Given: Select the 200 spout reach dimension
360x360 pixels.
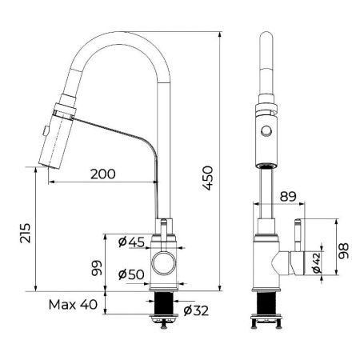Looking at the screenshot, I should coord(102,174).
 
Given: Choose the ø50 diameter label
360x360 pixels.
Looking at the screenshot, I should coord(131,275).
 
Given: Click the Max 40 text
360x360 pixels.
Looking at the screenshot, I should coord(72,304).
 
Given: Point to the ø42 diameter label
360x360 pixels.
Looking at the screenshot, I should coord(317,262).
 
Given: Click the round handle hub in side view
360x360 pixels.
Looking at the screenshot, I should coord(164,262).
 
